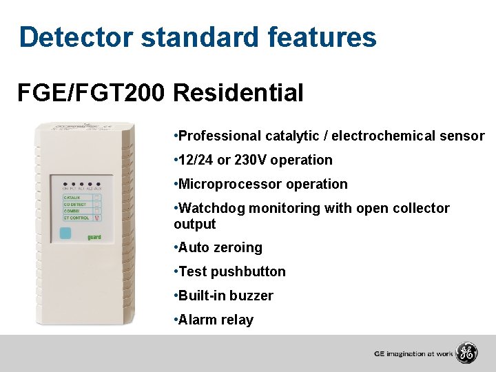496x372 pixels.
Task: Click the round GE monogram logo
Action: coord(467,353)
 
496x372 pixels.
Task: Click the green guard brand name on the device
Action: coord(94,236)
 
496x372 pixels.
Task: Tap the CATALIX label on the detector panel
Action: coord(73,198)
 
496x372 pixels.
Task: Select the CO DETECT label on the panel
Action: coord(75,205)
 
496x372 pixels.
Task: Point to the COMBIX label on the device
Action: coord(72,211)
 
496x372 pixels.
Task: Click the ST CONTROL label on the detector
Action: coord(76,218)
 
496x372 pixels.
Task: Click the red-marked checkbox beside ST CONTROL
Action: coord(97,218)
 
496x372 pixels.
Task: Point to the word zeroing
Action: coord(238,248)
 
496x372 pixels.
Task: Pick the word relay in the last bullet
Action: coord(237,320)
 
